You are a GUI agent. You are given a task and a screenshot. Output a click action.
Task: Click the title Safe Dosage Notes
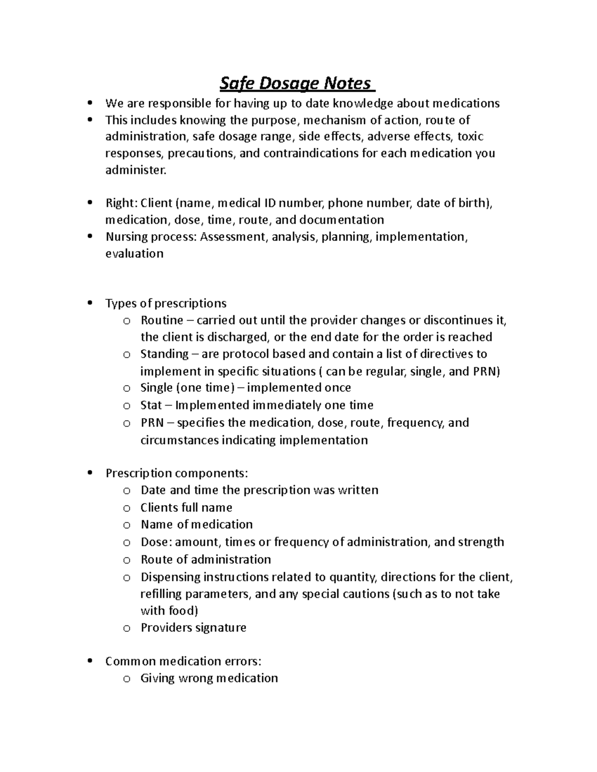click(x=297, y=84)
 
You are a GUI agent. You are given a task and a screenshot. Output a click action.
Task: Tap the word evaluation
click(x=134, y=254)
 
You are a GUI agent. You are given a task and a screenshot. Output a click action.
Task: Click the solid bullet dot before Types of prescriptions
click(x=90, y=303)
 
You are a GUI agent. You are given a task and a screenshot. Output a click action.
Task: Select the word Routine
click(x=162, y=320)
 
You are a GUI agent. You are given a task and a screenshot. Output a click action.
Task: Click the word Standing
click(x=164, y=354)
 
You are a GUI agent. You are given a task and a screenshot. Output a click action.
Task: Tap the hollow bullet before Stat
click(x=127, y=406)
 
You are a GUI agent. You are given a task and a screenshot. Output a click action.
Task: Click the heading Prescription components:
click(x=177, y=473)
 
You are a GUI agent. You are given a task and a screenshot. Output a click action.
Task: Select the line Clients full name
click(x=186, y=508)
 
